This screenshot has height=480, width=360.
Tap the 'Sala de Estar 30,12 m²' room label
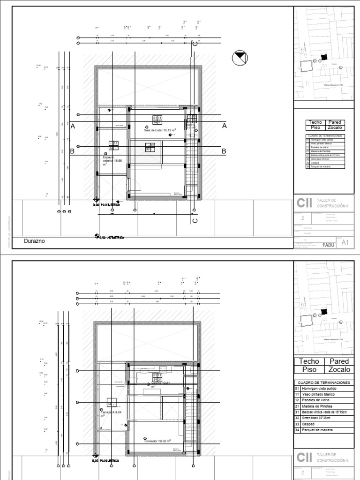tap(160, 130)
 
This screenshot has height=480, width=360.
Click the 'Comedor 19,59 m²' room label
tap(157, 441)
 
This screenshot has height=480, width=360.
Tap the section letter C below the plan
tap(195, 220)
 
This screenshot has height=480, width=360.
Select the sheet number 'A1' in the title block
tap(346, 242)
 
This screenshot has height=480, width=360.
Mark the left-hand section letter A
tap(73, 126)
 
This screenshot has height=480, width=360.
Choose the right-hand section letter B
tap(224, 151)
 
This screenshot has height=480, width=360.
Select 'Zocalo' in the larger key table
tap(338, 369)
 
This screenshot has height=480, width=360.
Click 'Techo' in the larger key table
tap(309, 361)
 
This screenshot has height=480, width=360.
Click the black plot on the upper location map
tap(322, 57)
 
